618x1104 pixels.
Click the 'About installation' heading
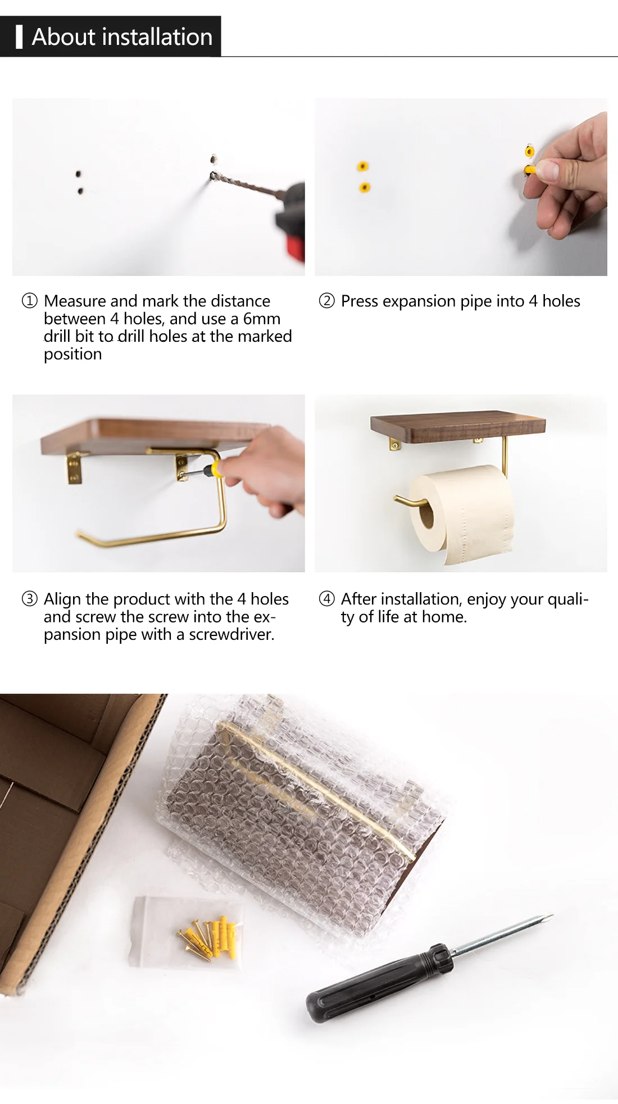(x=122, y=37)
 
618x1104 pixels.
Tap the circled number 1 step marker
(x=29, y=301)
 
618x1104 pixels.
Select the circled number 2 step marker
(x=326, y=301)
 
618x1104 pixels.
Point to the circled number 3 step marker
(x=29, y=599)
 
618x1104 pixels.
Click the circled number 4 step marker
(x=326, y=599)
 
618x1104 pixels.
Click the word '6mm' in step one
(x=261, y=319)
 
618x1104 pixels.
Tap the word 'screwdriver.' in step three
(x=231, y=635)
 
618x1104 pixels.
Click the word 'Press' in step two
(x=360, y=301)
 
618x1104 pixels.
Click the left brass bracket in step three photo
(x=74, y=468)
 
